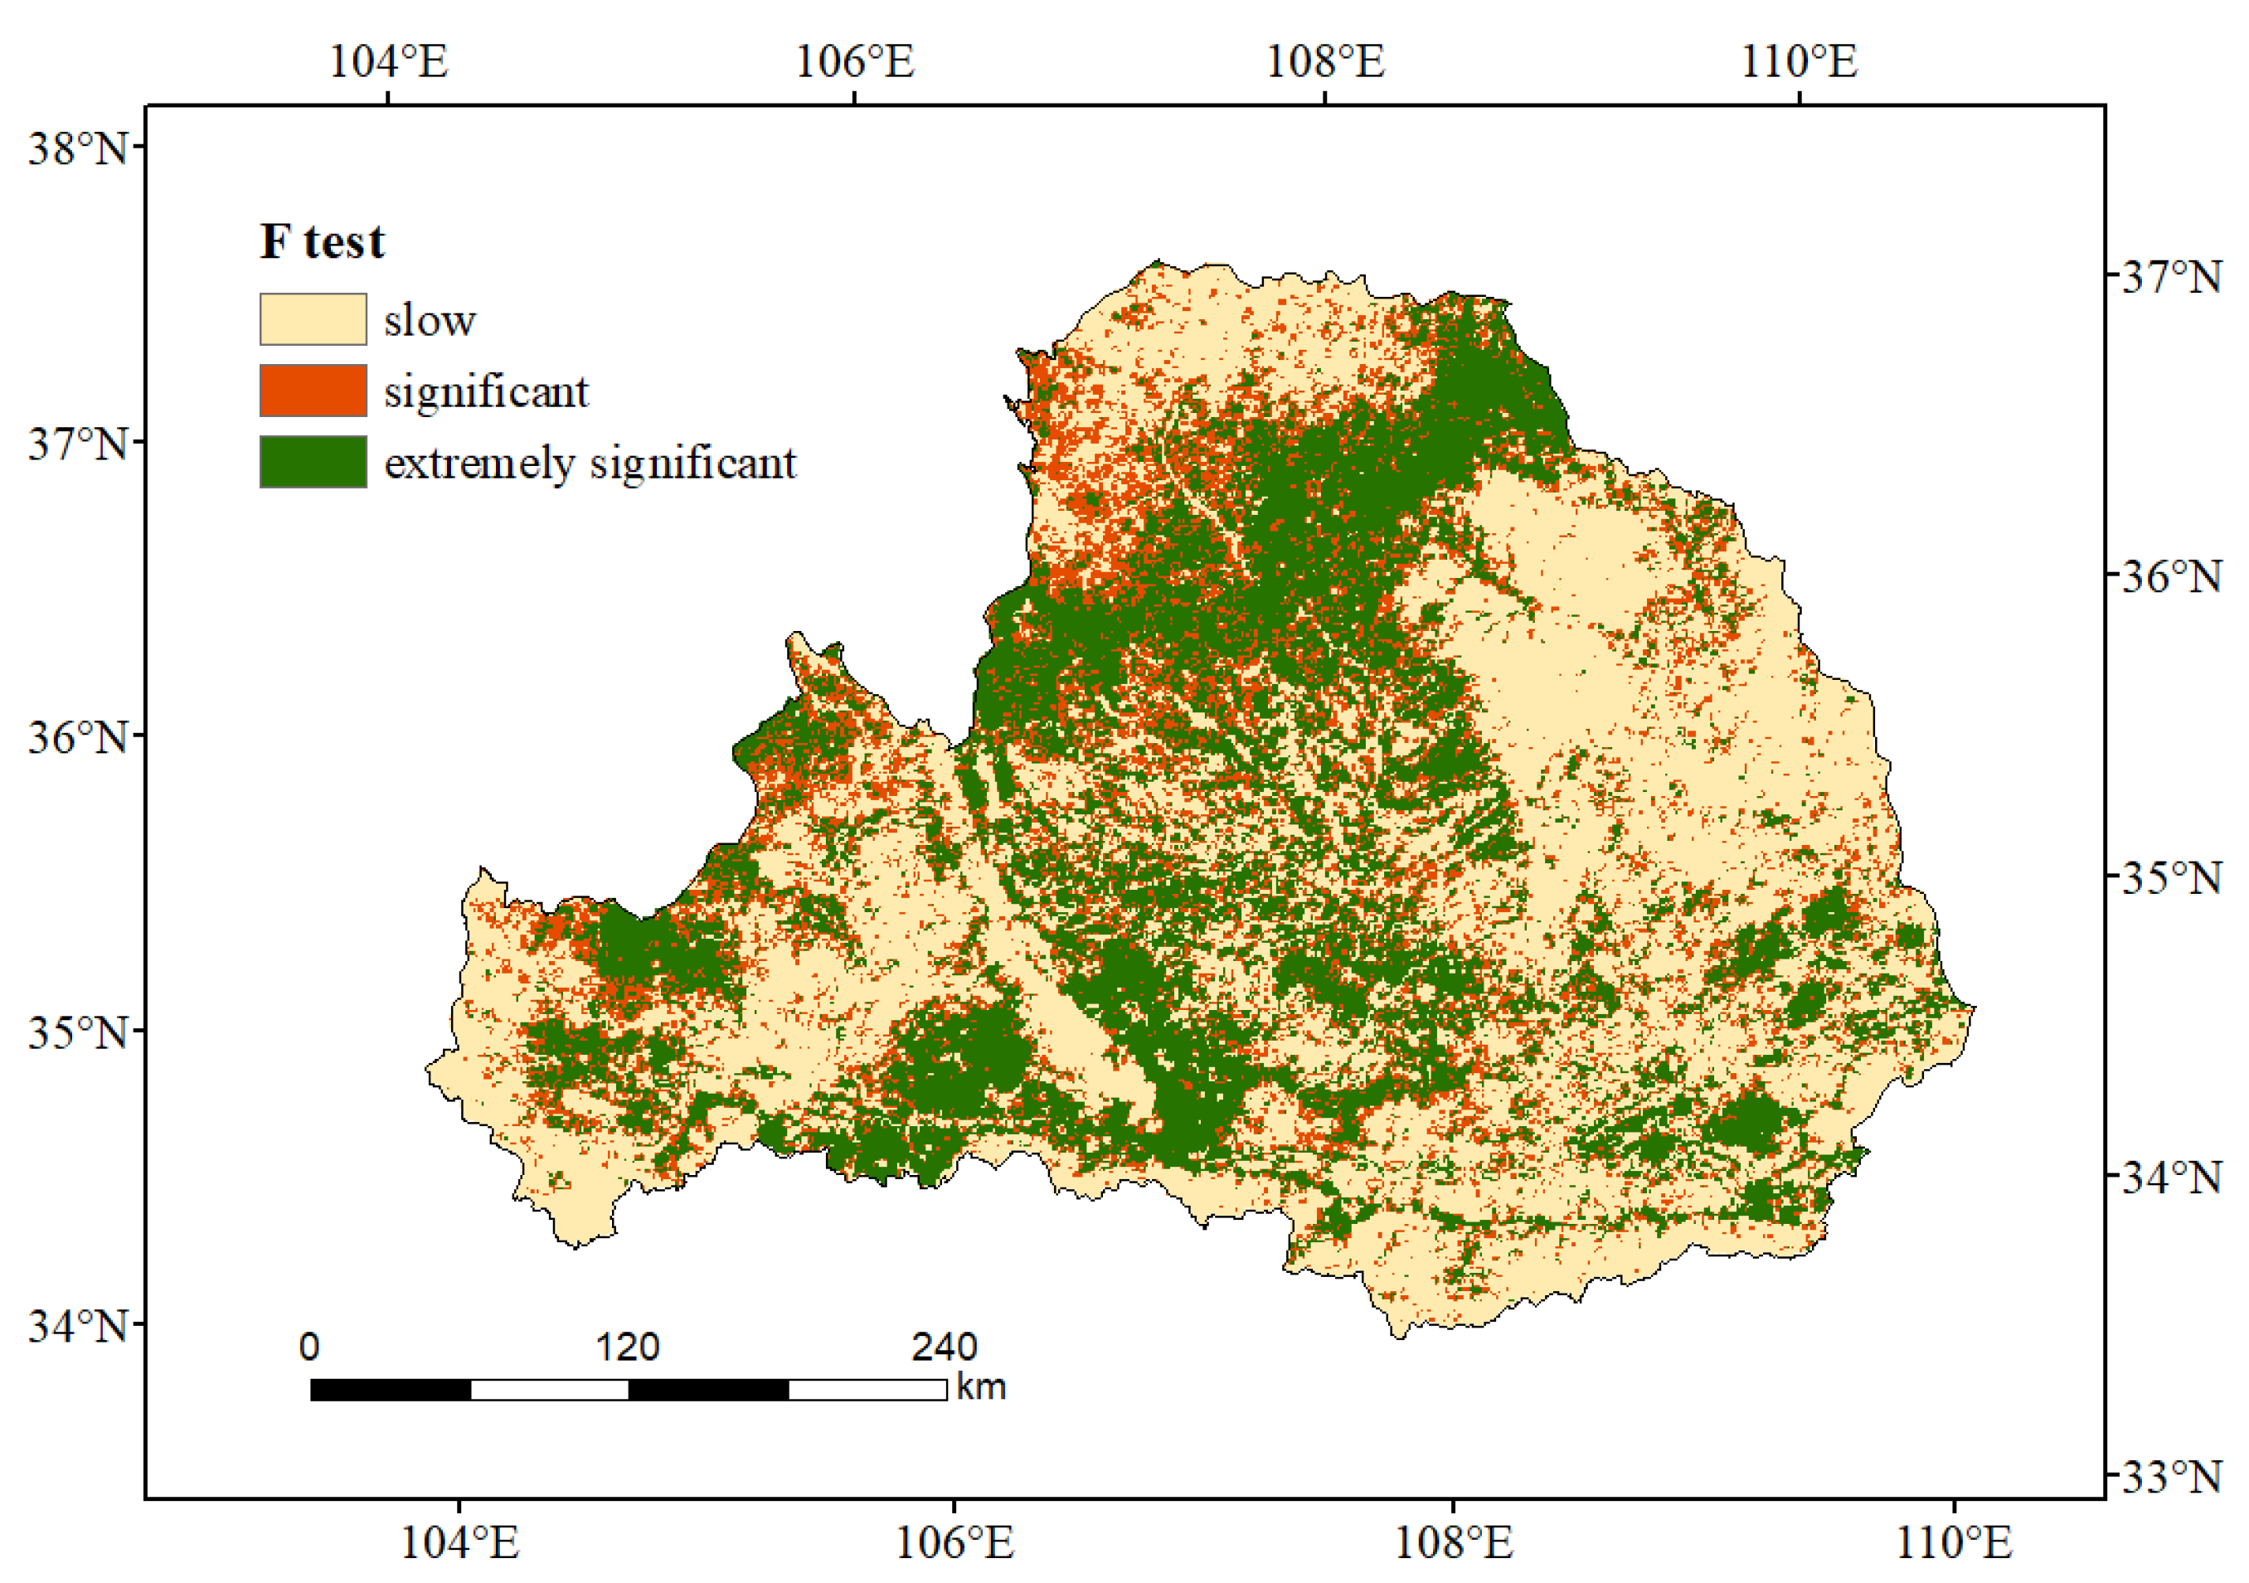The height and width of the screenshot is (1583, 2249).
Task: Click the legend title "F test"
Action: click(323, 242)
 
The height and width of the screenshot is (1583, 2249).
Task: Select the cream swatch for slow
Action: click(313, 319)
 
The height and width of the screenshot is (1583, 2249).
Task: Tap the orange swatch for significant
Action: click(313, 391)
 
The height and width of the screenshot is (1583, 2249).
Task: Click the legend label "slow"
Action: click(429, 321)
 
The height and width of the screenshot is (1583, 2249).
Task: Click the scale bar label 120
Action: click(627, 1347)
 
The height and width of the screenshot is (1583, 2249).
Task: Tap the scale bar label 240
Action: click(945, 1347)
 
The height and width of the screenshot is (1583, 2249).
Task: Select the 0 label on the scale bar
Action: click(309, 1347)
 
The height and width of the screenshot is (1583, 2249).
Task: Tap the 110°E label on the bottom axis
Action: click(1954, 1544)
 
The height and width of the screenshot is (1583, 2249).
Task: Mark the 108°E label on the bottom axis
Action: click(1453, 1544)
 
